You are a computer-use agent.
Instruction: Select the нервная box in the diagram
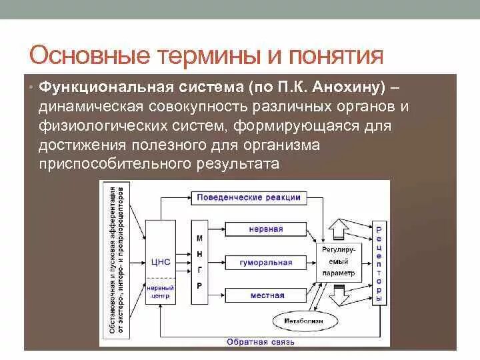click(266, 229)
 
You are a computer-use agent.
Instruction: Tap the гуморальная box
click(266, 263)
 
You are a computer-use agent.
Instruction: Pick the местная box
click(266, 295)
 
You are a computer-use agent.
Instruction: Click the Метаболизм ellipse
click(302, 321)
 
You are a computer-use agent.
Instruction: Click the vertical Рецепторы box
click(379, 263)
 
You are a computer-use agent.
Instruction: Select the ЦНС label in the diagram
click(161, 262)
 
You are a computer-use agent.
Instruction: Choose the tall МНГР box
click(199, 261)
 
